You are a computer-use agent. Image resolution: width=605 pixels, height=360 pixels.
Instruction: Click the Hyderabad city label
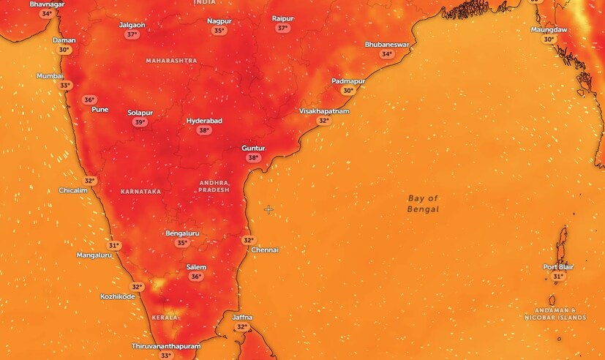pos(204,121)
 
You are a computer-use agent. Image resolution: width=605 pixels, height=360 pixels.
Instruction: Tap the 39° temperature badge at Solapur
pos(140,123)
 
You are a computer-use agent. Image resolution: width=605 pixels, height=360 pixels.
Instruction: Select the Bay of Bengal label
pos(423,203)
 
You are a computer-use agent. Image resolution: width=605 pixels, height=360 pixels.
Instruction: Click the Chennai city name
pos(265,250)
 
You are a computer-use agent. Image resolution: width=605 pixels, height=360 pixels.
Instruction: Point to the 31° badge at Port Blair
pos(558,277)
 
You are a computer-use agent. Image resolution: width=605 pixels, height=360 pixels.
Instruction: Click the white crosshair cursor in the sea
pos(268,209)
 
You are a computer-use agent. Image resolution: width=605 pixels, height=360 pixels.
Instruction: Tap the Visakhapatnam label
pos(324,111)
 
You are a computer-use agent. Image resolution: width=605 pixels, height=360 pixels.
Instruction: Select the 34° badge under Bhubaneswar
pos(386,54)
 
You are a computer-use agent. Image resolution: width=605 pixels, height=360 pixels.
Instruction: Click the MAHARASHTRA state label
pos(171,60)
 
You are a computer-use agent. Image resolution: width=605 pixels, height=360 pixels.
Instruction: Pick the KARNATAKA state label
pos(140,191)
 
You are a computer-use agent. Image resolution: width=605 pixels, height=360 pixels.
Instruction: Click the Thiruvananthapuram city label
pos(165,345)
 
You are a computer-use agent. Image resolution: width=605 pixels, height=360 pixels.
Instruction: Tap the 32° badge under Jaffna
pos(242,326)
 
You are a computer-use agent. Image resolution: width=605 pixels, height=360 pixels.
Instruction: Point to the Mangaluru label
pos(94,255)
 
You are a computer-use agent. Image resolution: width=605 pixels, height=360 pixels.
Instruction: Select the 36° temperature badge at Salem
pos(196,277)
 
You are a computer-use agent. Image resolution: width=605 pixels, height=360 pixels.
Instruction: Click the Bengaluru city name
pos(183,233)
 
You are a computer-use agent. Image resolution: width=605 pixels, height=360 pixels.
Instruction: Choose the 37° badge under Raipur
pos(282,28)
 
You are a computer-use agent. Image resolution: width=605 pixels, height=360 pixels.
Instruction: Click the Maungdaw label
pos(549,29)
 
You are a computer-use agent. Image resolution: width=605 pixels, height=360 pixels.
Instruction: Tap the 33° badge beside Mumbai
pos(66,86)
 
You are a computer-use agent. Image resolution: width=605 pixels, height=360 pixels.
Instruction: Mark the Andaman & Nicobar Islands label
pos(555,314)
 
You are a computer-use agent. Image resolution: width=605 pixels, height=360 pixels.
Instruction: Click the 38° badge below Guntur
pos(254,157)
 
